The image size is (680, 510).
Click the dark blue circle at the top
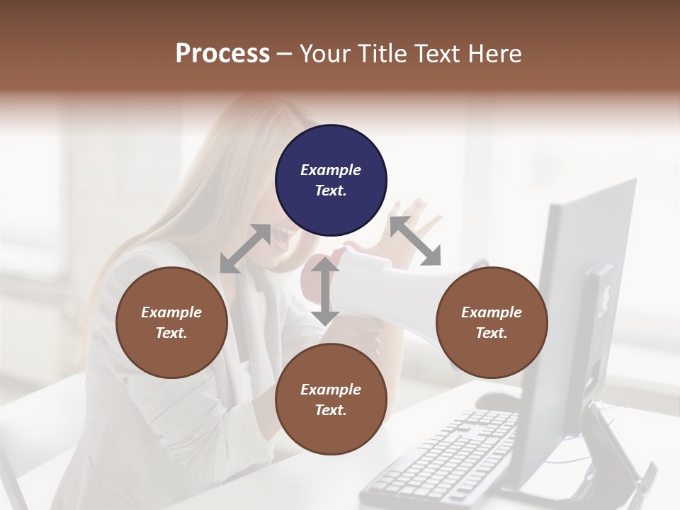click(331, 180)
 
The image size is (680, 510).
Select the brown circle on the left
click(171, 322)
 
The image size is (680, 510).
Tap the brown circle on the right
click(492, 322)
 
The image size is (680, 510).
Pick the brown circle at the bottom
click(331, 399)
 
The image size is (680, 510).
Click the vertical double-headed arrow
click(325, 291)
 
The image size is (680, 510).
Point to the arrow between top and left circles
click(245, 249)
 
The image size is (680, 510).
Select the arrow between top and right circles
click(416, 242)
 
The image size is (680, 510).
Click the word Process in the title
click(222, 53)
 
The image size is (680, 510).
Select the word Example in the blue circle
click(331, 170)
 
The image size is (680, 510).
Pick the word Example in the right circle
click(492, 312)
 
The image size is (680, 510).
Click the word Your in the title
click(323, 53)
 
